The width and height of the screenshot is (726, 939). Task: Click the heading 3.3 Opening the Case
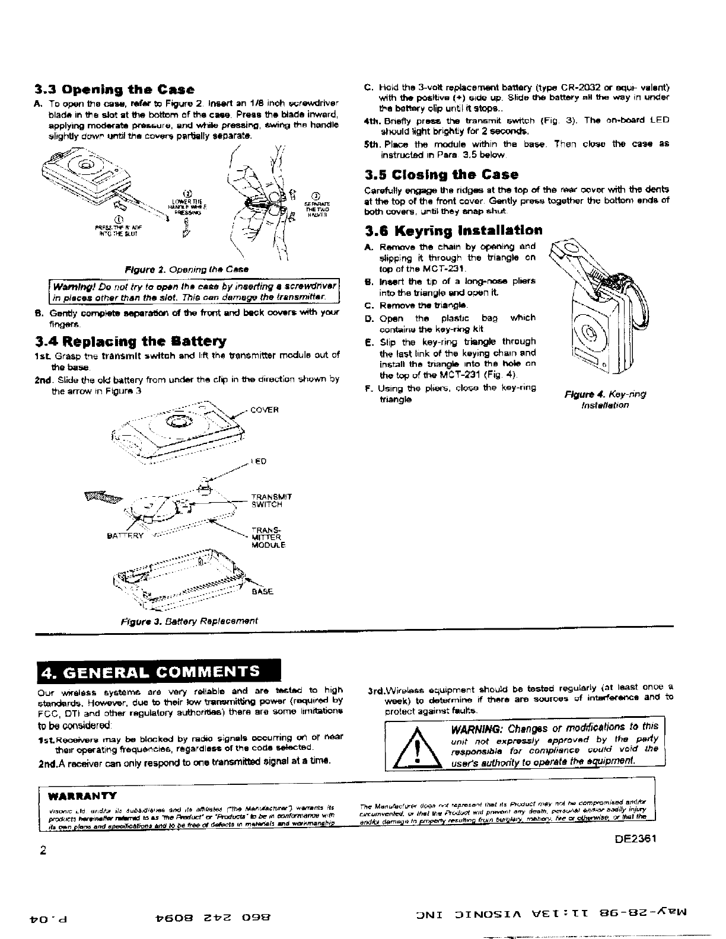point(114,90)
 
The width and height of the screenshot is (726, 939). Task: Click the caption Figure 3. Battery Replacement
point(189,621)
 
